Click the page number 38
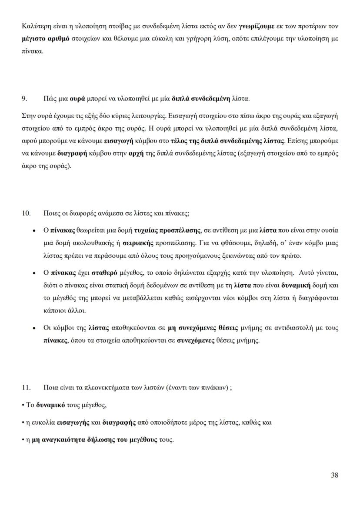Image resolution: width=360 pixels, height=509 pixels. pos(334,475)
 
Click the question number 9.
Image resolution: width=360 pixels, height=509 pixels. pos(25,99)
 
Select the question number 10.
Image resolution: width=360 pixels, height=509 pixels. pos(26,213)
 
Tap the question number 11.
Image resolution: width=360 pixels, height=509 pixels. pos(26,388)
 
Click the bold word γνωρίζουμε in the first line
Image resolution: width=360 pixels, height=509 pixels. pos(258,26)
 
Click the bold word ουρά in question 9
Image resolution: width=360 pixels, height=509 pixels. pos(77,99)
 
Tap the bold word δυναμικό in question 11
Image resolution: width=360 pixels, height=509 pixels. pos(50,405)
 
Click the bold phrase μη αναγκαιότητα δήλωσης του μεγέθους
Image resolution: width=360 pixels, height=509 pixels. pos(95,439)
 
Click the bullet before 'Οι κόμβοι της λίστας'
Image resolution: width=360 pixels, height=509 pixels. pos(34,329)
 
